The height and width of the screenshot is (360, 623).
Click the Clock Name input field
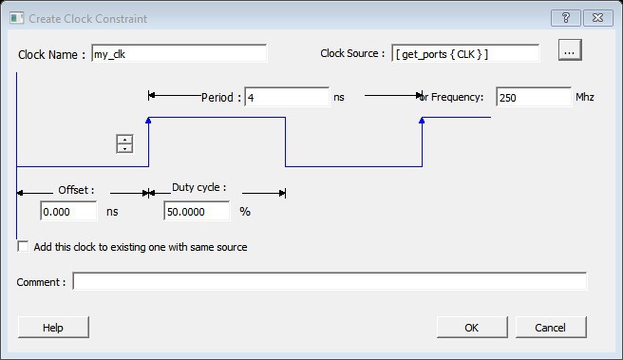click(179, 53)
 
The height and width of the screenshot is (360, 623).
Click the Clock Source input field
click(465, 53)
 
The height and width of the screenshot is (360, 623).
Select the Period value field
click(287, 97)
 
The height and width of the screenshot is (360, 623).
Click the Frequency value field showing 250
click(534, 97)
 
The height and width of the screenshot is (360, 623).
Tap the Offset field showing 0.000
click(68, 211)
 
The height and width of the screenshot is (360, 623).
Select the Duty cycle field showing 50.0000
click(197, 211)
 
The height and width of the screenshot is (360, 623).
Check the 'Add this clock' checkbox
click(23, 247)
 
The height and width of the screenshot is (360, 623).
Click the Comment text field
click(330, 281)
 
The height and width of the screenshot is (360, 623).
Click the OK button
click(472, 328)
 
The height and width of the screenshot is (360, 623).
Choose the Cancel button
click(551, 328)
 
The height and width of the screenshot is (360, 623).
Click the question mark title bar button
click(566, 18)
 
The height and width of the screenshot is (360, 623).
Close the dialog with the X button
click(597, 18)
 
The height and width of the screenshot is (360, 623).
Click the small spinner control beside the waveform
click(124, 143)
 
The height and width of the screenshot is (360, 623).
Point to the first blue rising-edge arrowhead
click(148, 120)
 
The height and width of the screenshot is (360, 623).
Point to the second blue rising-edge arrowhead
click(422, 120)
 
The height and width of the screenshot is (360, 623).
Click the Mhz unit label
click(585, 97)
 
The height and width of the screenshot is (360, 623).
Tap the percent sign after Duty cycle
click(245, 212)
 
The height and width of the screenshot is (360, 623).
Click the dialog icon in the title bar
click(17, 18)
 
